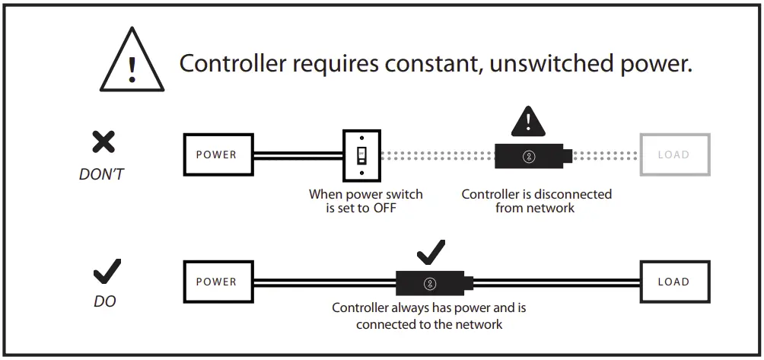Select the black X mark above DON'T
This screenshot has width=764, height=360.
coord(103,142)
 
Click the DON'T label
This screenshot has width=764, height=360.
coord(101,174)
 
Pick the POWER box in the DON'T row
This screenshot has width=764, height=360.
coord(217,155)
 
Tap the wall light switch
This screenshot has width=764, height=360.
coord(361,155)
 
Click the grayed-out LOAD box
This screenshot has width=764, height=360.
coord(673,155)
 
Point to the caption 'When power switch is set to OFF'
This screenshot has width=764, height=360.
coord(365,201)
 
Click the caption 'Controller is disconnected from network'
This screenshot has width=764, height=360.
coord(536,201)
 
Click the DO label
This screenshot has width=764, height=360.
coord(105,301)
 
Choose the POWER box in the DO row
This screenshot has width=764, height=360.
coord(217,282)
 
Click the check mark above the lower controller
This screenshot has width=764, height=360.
coord(430,251)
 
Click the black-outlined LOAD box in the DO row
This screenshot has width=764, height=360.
coord(673,282)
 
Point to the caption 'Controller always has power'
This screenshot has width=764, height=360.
coord(428,316)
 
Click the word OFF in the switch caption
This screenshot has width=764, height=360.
coord(385,208)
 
